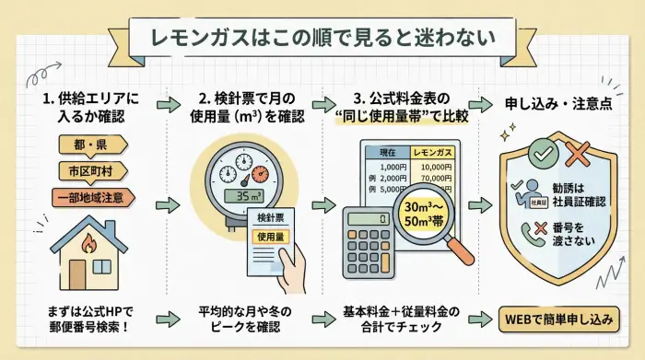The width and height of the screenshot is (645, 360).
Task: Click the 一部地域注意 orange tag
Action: coord(92,196)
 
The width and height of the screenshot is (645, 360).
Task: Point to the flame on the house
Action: coord(90,244)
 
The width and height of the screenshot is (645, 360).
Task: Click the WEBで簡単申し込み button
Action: coord(559,319)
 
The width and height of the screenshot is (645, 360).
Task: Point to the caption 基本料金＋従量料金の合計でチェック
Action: coord(407,319)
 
